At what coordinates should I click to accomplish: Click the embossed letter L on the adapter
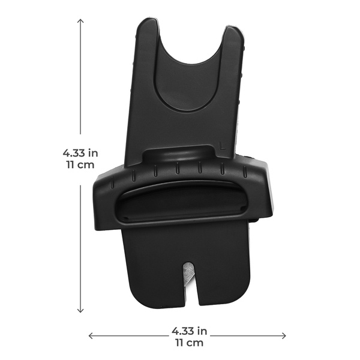pos(222,146)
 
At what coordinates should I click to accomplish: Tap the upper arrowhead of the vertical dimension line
pos(80,21)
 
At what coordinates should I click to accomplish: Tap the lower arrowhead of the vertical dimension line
pos(80,310)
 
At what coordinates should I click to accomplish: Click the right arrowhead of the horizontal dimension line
pos(284,336)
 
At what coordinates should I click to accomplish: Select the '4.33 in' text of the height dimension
pos(80,153)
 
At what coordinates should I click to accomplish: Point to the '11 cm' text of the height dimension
pos(80,165)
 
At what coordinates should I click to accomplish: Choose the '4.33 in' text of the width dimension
pos(190,331)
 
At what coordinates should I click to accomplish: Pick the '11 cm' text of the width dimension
pos(190,343)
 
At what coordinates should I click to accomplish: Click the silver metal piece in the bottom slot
pos(188,273)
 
